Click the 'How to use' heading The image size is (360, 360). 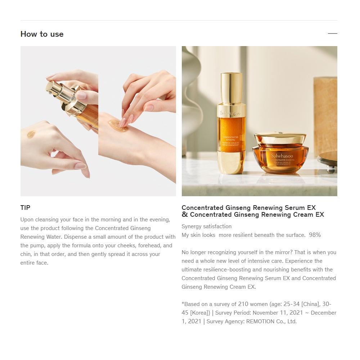coord(42,34)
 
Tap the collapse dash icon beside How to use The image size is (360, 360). coord(332,33)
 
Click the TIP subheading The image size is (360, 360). coord(25,208)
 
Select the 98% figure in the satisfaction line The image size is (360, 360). coord(315,235)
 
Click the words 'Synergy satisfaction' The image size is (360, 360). coord(206,226)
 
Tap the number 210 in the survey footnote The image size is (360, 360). coord(243,304)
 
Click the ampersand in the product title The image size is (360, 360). coord(185,215)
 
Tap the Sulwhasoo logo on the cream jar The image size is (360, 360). coord(282,156)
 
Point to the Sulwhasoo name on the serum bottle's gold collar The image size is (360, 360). coord(230,113)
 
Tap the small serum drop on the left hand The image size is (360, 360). coord(31,134)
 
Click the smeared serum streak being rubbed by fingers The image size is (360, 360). coord(118,125)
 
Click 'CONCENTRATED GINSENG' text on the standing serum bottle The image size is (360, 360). coord(230,138)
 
